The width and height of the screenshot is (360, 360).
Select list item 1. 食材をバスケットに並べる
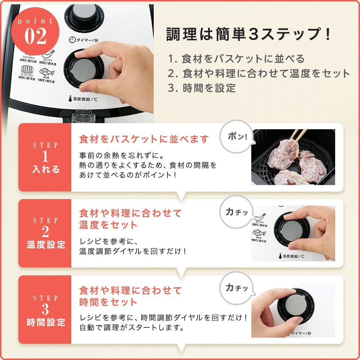(x=236, y=58)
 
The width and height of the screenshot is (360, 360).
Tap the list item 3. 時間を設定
(x=202, y=87)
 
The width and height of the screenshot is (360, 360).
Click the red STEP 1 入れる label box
(x=45, y=157)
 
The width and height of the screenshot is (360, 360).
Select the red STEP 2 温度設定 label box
(x=45, y=233)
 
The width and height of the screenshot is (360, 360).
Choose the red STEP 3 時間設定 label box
(x=45, y=310)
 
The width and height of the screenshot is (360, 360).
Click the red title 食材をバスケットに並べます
(x=144, y=139)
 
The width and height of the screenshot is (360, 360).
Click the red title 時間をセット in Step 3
(x=108, y=302)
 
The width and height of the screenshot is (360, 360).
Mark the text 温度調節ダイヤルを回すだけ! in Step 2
(x=133, y=251)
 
